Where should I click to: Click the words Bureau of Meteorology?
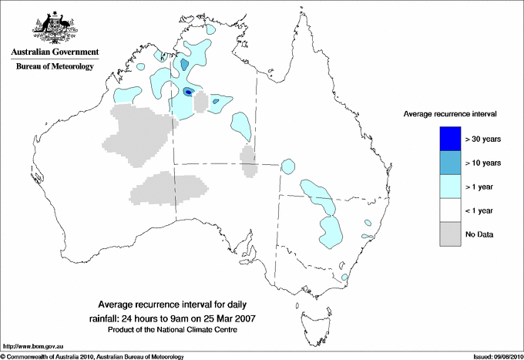coord(55,67)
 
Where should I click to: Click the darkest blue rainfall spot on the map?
coord(190,92)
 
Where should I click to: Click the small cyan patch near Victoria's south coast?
coord(344,278)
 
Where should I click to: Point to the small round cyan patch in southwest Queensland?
coord(289,166)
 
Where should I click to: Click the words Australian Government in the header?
coord(55,53)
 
